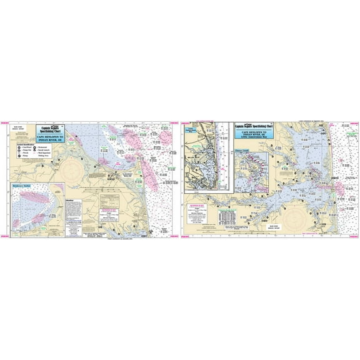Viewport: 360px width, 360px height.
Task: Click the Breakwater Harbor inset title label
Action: click(26, 186)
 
